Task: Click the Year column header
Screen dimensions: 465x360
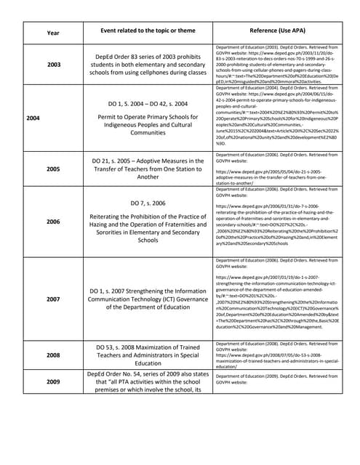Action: (54, 33)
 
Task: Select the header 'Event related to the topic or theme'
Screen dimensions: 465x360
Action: (149, 33)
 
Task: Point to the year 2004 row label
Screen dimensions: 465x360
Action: (33, 116)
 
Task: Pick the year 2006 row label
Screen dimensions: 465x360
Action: (54, 221)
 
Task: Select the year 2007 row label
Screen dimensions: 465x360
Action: (54, 297)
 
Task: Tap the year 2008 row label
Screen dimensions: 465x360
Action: (54, 355)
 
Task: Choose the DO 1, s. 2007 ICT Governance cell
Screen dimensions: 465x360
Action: (149, 297)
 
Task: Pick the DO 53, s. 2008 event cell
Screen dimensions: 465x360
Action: (149, 355)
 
